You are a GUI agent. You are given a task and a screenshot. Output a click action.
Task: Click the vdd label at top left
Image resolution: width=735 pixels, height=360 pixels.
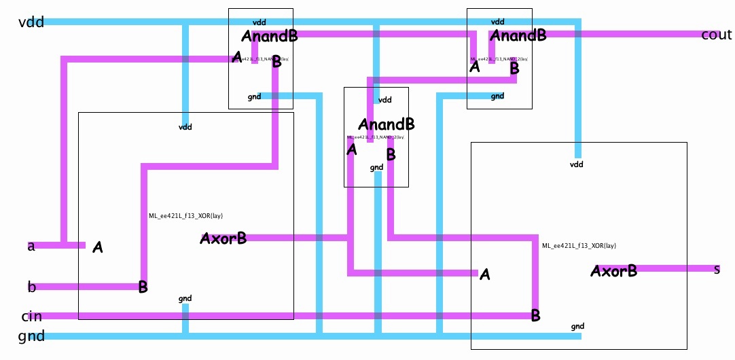pos(31,22)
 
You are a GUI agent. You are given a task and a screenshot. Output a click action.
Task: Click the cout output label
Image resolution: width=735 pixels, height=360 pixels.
pos(716,35)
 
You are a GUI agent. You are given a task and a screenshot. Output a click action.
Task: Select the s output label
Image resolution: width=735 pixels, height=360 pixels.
pos(717,270)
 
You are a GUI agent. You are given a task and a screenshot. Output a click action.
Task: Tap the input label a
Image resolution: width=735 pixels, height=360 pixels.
pos(31,246)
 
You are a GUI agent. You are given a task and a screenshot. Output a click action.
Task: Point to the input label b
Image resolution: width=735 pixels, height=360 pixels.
pos(31,287)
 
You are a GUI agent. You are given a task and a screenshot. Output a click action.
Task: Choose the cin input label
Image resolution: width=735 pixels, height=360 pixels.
pos(32,317)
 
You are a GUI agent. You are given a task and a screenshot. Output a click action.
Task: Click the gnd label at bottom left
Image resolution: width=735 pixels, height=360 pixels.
pos(31,336)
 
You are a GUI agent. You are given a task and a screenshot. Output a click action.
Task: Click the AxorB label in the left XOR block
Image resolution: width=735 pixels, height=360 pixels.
pos(223,238)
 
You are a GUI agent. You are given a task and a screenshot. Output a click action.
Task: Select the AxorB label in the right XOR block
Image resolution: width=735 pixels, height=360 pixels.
pos(613,271)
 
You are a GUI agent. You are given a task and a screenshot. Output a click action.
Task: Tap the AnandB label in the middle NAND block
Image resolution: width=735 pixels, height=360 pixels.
pos(386,124)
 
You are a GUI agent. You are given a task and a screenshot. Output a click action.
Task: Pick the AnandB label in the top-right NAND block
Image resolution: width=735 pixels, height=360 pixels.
pos(518,35)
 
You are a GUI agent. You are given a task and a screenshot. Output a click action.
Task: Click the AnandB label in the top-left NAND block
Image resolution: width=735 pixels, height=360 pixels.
pos(269,36)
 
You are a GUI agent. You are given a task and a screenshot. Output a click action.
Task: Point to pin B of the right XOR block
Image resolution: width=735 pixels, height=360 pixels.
pos(535,315)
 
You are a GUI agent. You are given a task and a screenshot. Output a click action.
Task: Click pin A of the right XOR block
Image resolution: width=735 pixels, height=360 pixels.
pos(484,275)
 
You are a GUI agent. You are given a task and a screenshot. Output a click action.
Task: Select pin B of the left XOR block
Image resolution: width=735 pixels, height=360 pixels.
pos(143,287)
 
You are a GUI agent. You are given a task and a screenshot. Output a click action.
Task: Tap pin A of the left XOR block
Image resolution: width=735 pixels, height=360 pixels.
pos(98,247)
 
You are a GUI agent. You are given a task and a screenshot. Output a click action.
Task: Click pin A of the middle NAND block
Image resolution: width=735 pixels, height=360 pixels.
pos(351,149)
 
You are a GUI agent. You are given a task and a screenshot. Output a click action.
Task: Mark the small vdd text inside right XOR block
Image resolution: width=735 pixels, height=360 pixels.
pos(576,164)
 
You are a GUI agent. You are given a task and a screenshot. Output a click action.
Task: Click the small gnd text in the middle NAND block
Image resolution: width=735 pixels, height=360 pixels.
pos(376,167)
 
